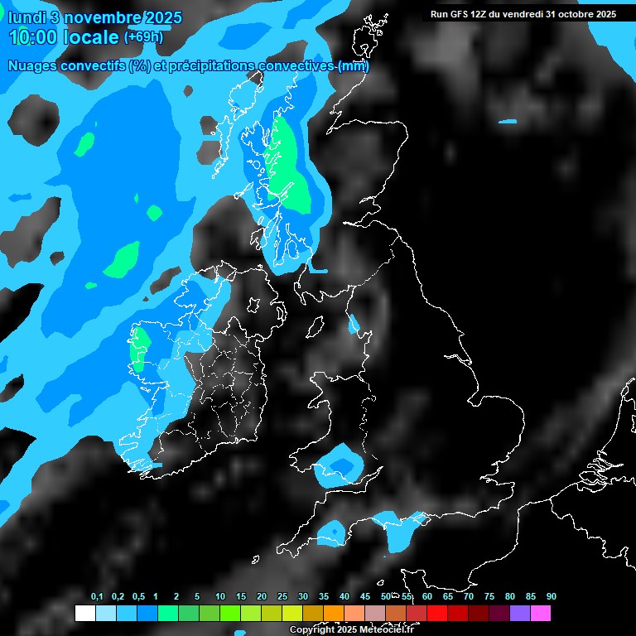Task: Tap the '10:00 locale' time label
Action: point(63,37)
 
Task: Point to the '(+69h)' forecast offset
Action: point(143,37)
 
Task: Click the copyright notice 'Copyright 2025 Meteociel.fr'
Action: point(351,630)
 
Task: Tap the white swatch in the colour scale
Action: point(84,614)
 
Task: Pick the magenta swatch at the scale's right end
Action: point(541,614)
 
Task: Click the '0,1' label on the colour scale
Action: point(96,597)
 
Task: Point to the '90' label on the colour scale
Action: point(552,597)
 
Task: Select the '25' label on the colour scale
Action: point(282,597)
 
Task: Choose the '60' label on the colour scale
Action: point(427,597)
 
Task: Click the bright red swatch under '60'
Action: point(437,614)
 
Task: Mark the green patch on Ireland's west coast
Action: point(138,349)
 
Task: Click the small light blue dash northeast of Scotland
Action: point(508,123)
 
